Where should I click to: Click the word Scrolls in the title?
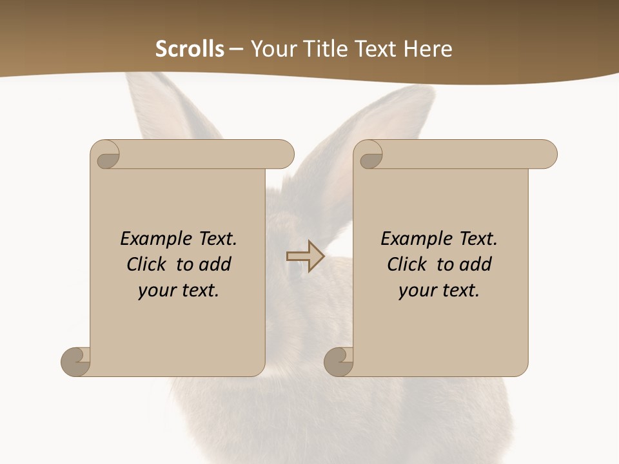coord(190,49)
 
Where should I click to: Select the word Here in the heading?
coord(428,49)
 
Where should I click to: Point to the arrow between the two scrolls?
coord(305,256)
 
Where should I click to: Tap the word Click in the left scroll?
coord(149,265)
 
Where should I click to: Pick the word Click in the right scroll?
coord(407,265)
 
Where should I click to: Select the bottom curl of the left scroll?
coord(76,362)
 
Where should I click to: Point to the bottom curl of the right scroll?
coord(339,362)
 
